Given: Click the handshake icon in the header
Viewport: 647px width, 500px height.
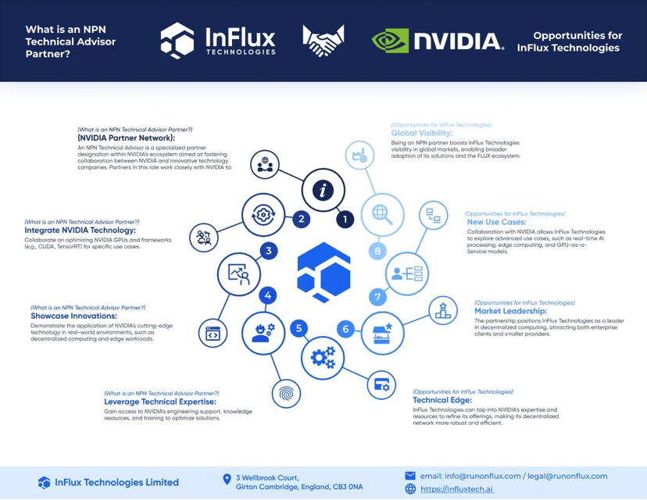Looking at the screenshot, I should click(323, 41).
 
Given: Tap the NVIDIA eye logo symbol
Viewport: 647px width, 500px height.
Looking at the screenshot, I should click(390, 41).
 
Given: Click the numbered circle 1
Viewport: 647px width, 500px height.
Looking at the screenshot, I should click(345, 220).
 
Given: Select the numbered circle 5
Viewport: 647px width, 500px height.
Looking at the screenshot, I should click(298, 329).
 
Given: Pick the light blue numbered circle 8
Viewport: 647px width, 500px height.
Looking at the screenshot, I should click(377, 252).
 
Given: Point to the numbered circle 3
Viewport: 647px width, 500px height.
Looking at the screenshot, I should click(269, 251).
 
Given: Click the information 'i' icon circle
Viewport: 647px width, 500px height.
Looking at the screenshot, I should click(323, 190).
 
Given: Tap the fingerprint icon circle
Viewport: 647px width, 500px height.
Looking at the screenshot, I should click(286, 393).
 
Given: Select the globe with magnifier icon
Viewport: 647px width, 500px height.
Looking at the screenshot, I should click(382, 214).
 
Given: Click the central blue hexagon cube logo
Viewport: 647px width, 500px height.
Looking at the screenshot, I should click(323, 272).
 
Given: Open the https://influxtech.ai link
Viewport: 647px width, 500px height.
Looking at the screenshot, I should click(456, 489).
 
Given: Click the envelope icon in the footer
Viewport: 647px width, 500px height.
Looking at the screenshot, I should click(410, 476).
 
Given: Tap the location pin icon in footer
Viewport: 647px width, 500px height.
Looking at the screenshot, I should click(227, 480).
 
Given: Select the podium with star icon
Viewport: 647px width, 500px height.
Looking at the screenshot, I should click(443, 311).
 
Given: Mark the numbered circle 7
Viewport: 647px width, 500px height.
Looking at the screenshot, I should click(377, 297).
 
